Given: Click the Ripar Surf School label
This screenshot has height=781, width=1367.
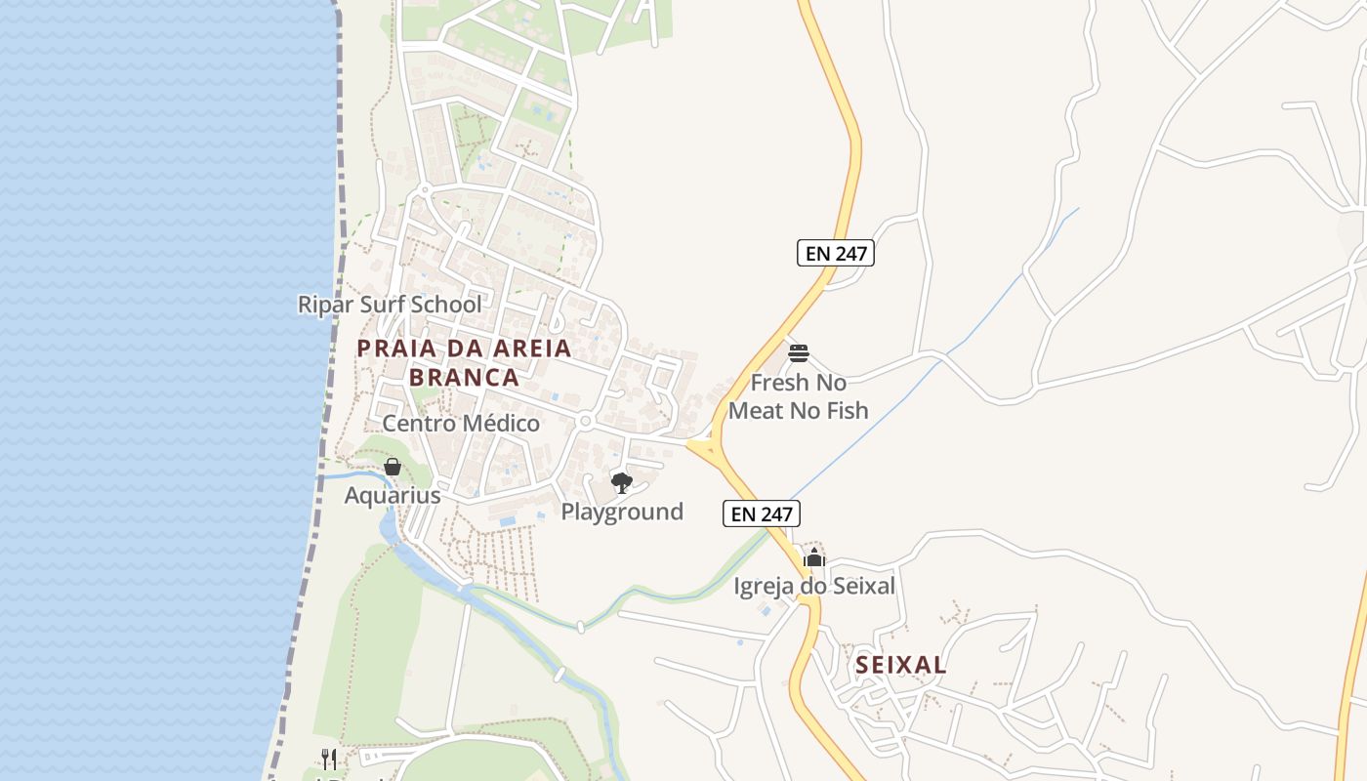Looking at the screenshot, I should (390, 305).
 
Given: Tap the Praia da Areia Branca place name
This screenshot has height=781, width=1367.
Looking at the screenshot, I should (464, 362).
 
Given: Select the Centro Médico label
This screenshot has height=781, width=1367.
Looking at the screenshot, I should (460, 424).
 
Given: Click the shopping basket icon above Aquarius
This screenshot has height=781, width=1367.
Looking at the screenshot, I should (392, 468).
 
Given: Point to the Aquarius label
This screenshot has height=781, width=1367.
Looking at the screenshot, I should (393, 496).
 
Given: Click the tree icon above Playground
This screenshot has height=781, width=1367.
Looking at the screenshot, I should (621, 482).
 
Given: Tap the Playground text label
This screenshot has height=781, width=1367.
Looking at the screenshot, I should (622, 512).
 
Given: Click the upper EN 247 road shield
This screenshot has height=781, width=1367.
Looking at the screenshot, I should (835, 253).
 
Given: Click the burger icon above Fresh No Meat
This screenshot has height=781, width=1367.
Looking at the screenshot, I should (799, 352).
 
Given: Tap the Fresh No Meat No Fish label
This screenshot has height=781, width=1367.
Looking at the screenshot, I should (799, 396).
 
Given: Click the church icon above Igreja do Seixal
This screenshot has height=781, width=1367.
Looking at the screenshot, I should (813, 557).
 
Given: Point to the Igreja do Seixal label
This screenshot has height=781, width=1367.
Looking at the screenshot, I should (814, 586).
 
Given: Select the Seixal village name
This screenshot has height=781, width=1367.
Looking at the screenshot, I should (900, 665).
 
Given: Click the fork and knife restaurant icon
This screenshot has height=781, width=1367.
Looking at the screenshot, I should (329, 759).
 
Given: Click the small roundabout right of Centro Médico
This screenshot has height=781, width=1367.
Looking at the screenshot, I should (585, 422).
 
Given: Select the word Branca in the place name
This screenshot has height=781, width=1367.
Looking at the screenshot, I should (464, 378).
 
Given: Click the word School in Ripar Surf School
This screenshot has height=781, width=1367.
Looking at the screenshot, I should (445, 305).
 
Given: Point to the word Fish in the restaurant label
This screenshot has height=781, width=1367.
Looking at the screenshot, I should (846, 411).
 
